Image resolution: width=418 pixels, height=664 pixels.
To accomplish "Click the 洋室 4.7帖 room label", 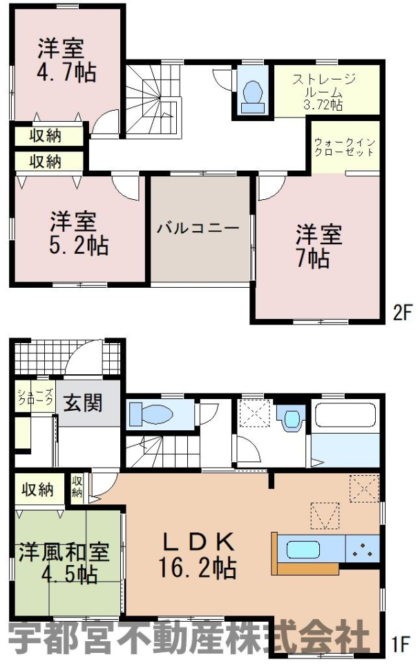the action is [x=67, y=60].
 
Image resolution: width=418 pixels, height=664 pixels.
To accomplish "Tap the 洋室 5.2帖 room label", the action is [x=79, y=232].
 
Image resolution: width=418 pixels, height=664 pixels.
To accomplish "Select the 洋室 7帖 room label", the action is [x=318, y=246].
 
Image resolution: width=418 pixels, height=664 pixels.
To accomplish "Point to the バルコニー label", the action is [x=198, y=228].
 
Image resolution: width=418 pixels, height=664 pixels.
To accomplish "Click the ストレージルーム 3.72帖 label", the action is [x=324, y=92].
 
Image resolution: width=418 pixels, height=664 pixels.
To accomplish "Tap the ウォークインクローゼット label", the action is [x=344, y=147].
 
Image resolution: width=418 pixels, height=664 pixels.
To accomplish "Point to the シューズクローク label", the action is [x=35, y=397].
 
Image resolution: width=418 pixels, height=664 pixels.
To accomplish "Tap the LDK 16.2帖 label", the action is [x=197, y=555].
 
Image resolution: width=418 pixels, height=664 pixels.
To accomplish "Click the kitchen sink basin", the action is [x=303, y=550].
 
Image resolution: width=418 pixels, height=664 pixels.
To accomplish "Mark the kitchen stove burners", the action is [x=362, y=548].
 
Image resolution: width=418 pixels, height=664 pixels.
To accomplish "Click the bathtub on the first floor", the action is [x=345, y=414].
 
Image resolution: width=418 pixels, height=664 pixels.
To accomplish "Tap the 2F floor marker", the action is [x=403, y=313].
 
